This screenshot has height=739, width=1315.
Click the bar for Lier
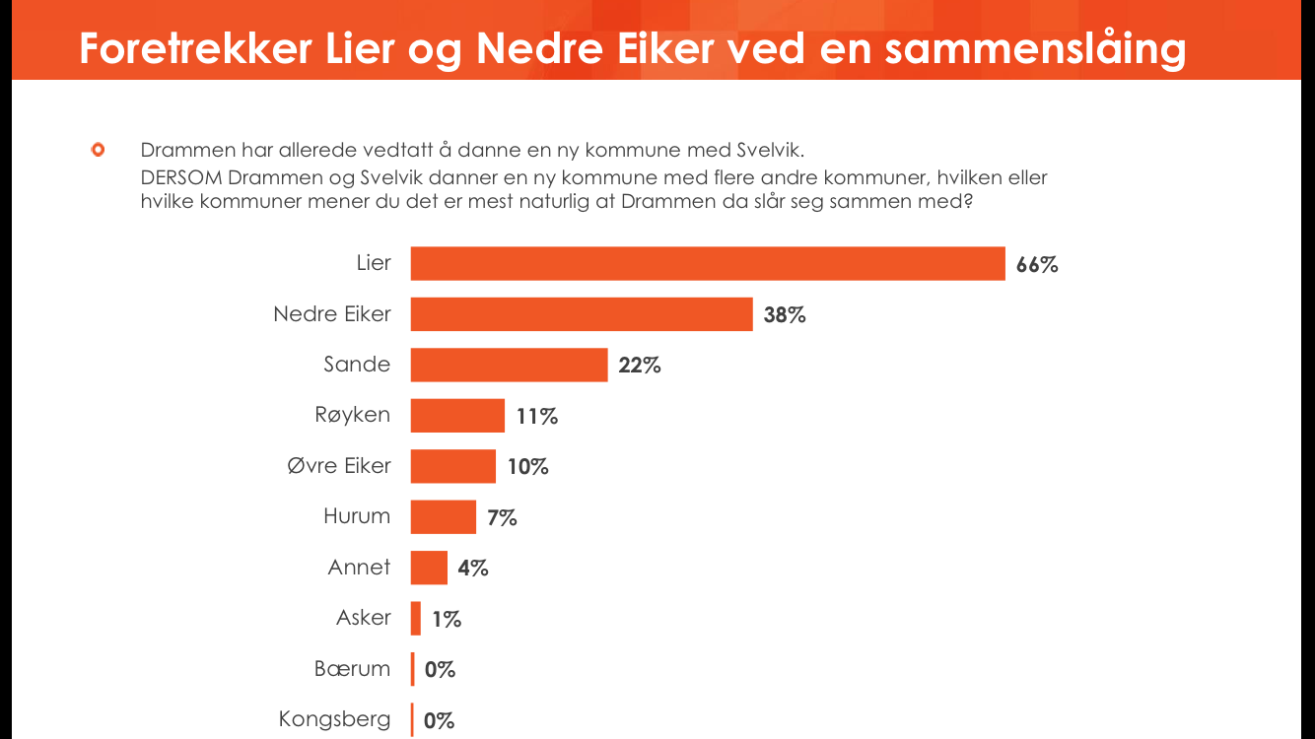[x=707, y=264]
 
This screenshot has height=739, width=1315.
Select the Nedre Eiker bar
[x=582, y=314]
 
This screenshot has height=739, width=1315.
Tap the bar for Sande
[x=509, y=365]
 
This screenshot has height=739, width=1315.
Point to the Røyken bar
[x=457, y=416]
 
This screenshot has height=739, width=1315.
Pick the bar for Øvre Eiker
[x=453, y=466]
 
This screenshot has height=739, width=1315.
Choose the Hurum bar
[x=444, y=516]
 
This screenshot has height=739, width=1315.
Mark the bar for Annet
[x=429, y=568]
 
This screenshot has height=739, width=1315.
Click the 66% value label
[x=1037, y=265]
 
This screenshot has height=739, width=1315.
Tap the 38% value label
[x=785, y=315]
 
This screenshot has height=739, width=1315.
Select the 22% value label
[x=640, y=366]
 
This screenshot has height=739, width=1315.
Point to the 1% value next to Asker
[x=447, y=619]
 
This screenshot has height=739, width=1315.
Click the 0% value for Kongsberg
[x=440, y=720]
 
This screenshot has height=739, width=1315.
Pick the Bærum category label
[x=353, y=669]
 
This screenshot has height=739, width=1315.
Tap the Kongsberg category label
[x=335, y=719]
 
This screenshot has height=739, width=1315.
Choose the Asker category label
[x=364, y=618]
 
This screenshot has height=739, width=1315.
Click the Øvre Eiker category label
[x=339, y=465]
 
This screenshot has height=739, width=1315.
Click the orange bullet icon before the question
[x=98, y=151]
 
